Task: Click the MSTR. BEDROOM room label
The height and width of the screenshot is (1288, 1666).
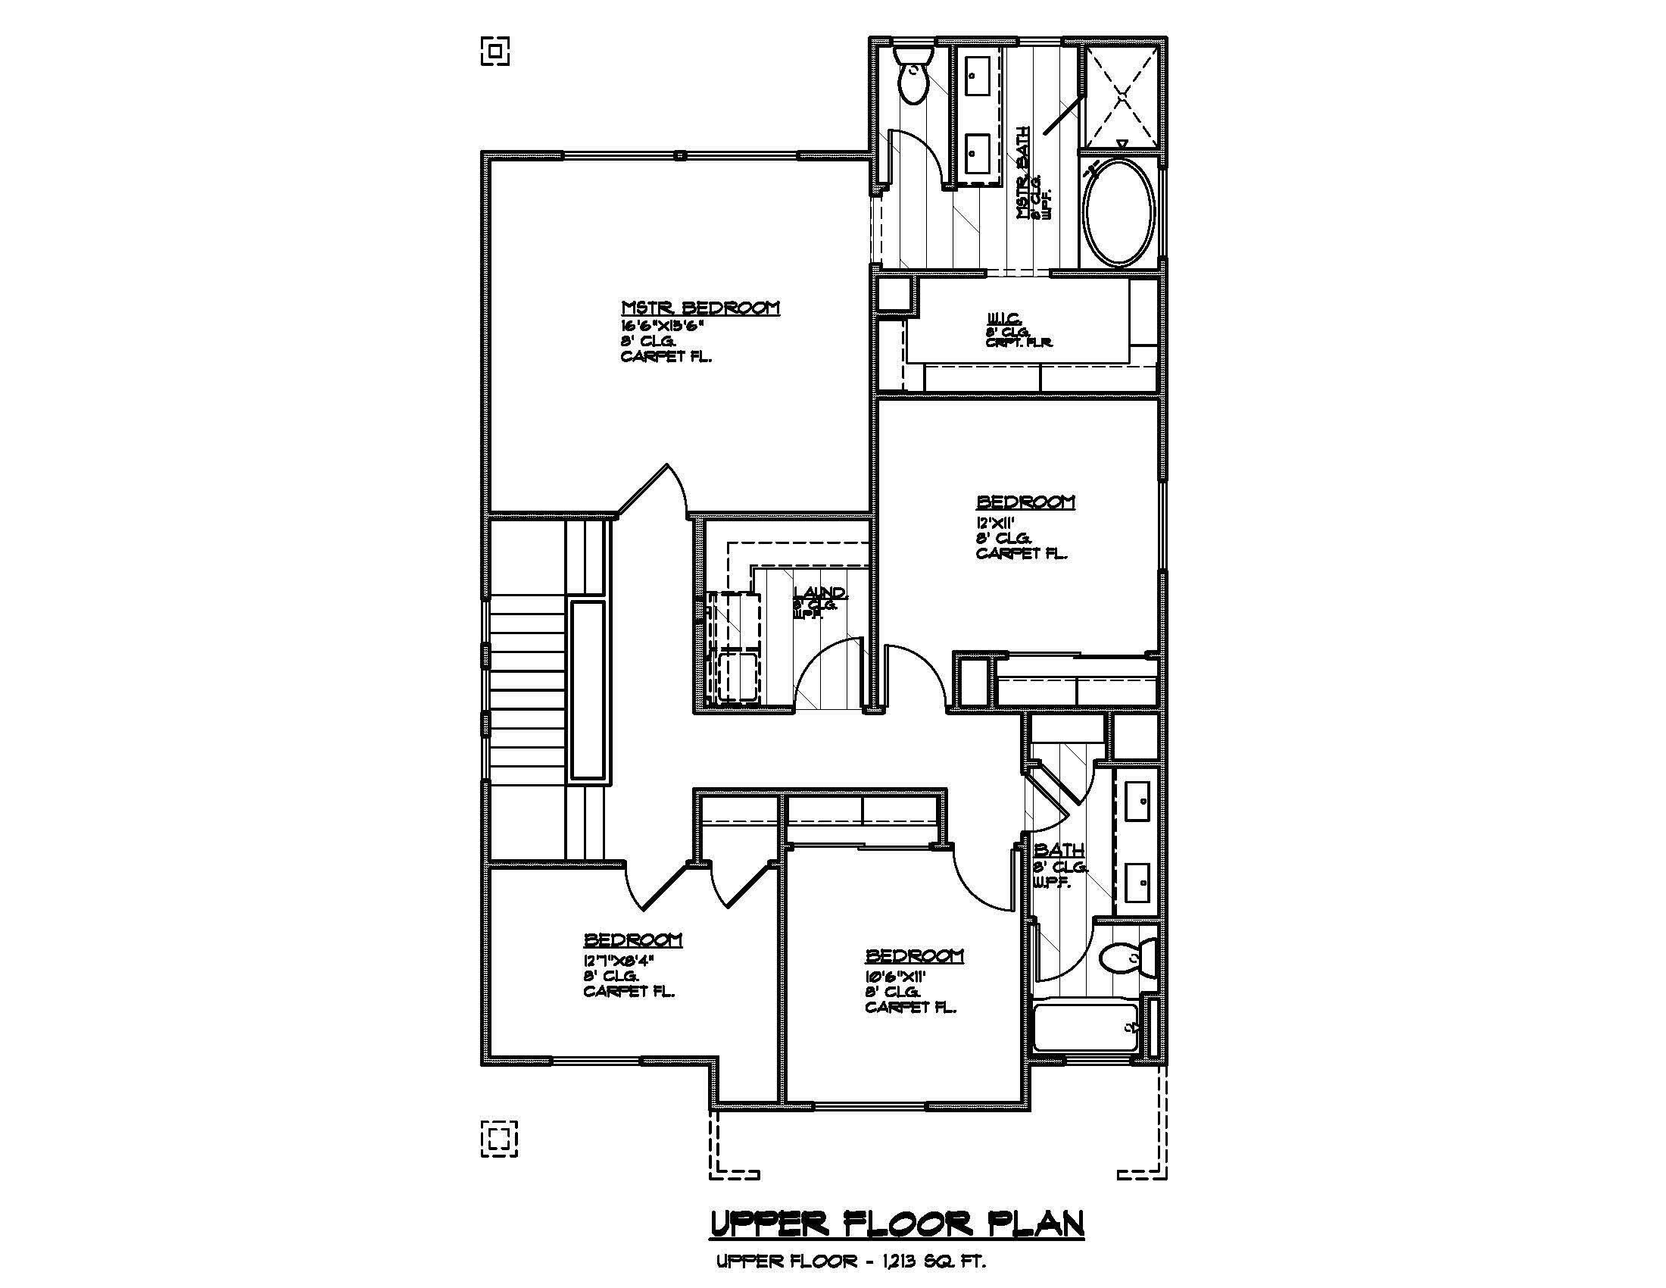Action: (x=700, y=308)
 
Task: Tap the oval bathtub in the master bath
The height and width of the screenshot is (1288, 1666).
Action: (x=1119, y=213)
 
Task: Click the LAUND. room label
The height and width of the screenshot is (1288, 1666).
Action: (x=819, y=593)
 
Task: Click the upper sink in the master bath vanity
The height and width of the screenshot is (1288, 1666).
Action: (x=977, y=80)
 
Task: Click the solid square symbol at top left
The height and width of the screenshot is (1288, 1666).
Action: (x=495, y=51)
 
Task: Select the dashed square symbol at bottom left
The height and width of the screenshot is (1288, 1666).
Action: (x=499, y=1139)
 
